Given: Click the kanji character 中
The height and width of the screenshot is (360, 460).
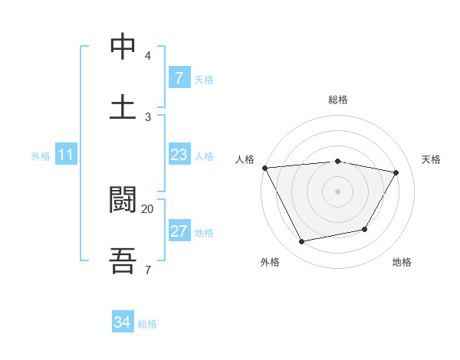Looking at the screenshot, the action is [123, 47].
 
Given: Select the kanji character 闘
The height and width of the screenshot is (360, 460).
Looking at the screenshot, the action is [123, 200].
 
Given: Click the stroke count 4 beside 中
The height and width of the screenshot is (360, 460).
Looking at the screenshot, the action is [147, 56].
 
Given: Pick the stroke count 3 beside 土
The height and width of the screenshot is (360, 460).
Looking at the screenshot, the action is [147, 116].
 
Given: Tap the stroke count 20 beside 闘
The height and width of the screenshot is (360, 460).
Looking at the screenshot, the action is [147, 208].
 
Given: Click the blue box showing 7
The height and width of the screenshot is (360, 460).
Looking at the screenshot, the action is [179, 78].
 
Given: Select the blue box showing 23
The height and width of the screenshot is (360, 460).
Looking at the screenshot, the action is [179, 155].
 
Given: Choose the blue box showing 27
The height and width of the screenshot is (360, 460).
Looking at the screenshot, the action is [179, 231].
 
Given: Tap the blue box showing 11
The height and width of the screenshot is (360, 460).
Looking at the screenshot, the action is [66, 155].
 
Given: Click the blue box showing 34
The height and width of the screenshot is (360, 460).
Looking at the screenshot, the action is [122, 323].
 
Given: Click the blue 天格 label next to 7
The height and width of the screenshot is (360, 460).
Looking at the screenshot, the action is [203, 79].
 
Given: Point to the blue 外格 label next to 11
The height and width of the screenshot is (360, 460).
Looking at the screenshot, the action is [41, 156].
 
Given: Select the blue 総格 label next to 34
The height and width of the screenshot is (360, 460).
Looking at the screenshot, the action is [147, 324].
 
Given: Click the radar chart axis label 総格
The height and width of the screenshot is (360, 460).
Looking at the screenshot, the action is [338, 100].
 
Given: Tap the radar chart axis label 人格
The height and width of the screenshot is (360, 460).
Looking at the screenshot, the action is [245, 159].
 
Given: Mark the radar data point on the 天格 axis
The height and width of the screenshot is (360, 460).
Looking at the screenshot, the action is [396, 172].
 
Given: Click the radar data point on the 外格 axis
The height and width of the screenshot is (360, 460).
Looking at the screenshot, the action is [301, 242].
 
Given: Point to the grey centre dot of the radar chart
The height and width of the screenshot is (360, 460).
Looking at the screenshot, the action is [338, 191].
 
